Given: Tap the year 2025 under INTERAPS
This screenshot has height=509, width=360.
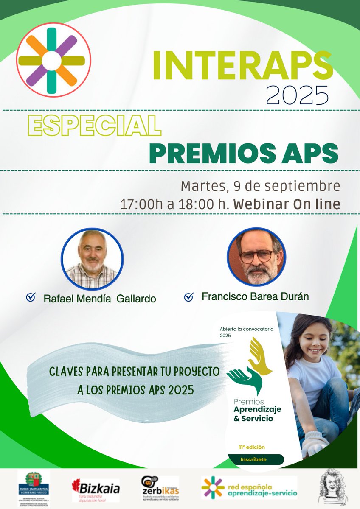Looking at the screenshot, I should click(x=297, y=95).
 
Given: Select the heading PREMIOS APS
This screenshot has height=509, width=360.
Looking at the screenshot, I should click(x=244, y=153).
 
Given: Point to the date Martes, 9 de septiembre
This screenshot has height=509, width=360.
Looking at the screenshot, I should click(x=260, y=186).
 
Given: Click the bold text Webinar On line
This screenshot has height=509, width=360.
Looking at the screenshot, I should click(x=287, y=204).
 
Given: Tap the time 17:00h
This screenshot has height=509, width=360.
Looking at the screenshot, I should click(x=138, y=204).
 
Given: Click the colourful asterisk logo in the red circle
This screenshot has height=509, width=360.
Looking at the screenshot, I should click(x=53, y=60).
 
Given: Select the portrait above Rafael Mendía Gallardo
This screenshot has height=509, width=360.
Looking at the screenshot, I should click(x=92, y=258).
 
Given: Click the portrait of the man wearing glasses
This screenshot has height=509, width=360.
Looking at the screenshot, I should click(x=256, y=257).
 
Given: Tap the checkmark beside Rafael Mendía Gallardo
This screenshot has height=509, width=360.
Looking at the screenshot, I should click(x=31, y=298).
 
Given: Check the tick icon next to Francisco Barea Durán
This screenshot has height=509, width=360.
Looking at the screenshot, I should click(x=189, y=297).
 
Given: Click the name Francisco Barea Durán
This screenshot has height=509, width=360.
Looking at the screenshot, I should click(x=255, y=296).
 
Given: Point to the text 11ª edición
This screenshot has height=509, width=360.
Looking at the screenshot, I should click(x=252, y=447).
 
